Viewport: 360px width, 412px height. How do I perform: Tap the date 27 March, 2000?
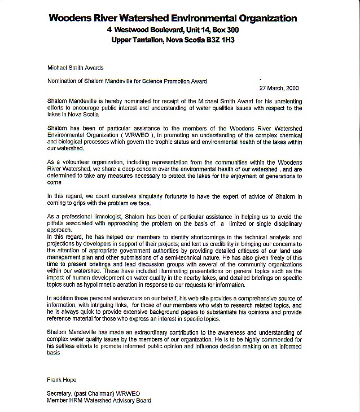(279, 88)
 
